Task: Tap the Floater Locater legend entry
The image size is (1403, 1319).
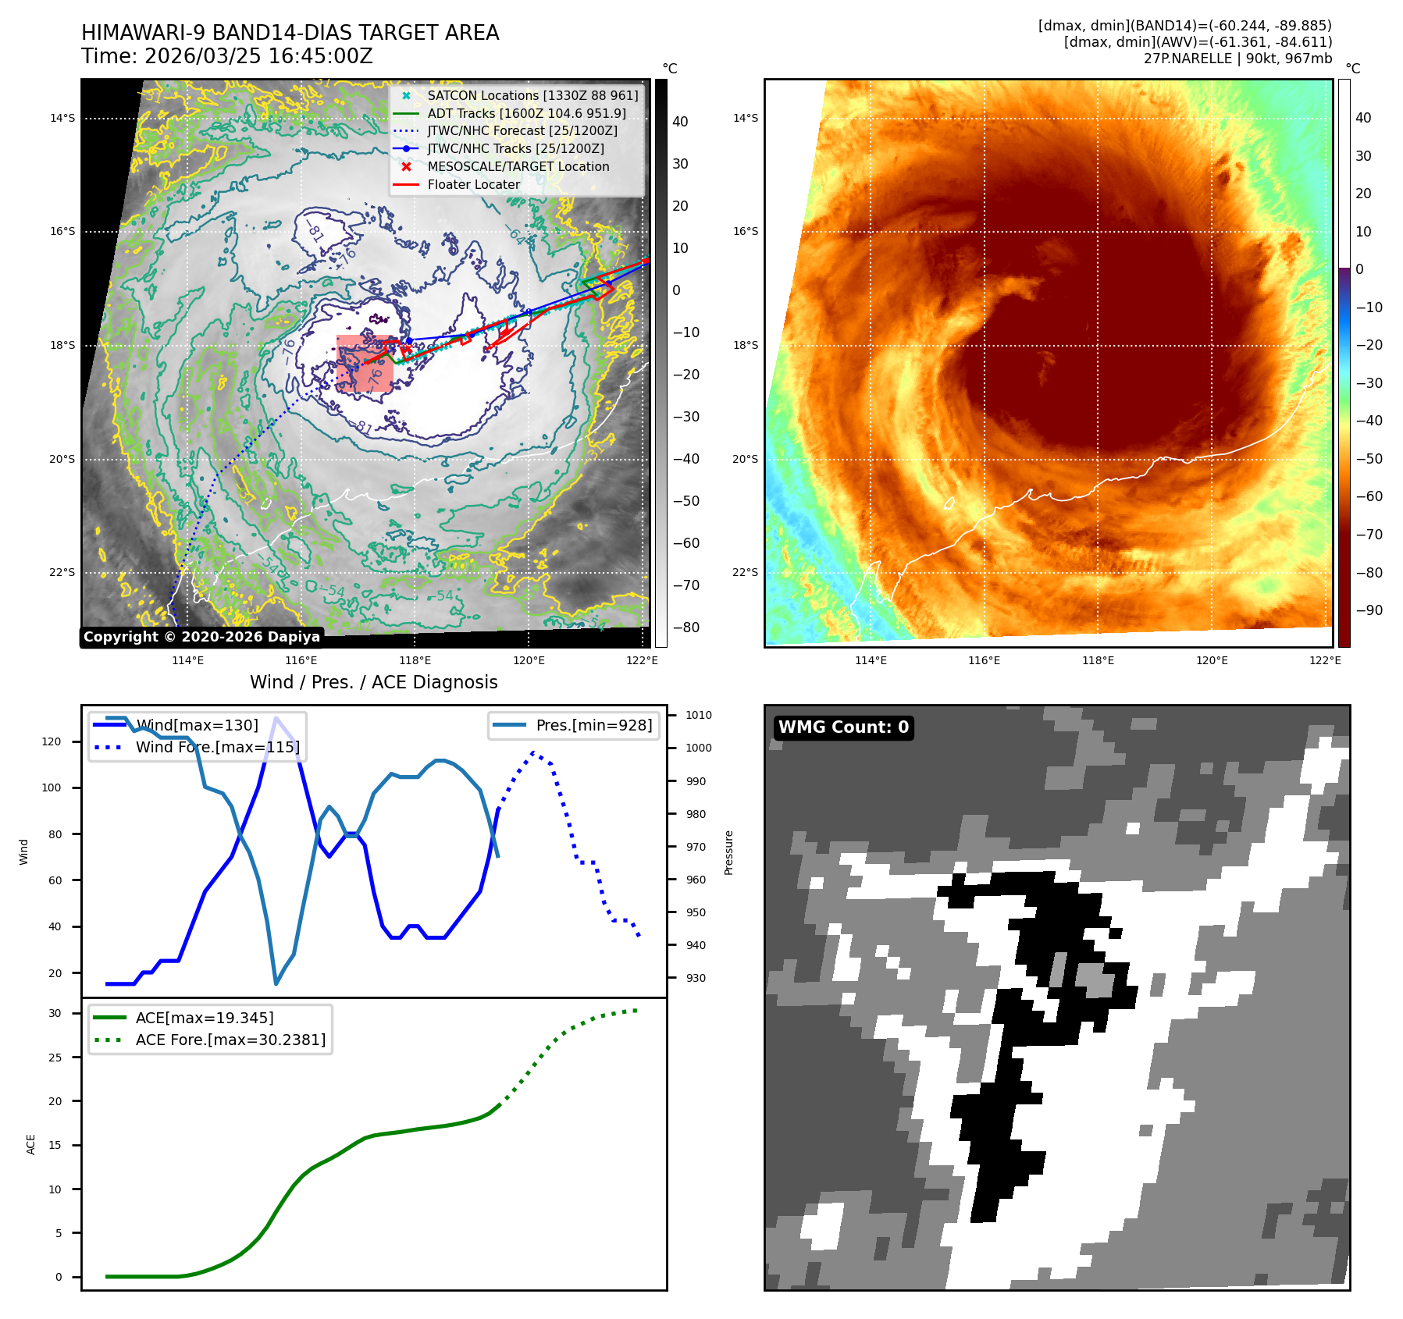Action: click(473, 185)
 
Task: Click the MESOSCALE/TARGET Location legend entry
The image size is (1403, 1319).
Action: click(518, 167)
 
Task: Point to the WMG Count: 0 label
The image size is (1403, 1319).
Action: click(843, 727)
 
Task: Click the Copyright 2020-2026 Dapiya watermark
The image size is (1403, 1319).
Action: click(201, 637)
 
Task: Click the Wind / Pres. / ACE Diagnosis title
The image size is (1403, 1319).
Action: click(373, 683)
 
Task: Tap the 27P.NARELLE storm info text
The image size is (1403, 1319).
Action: click(1237, 59)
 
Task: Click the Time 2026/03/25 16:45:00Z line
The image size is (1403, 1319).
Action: click(226, 57)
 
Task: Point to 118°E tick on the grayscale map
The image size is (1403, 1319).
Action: click(415, 661)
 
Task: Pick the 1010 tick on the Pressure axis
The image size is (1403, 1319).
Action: click(699, 715)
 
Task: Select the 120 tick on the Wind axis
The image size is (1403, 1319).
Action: click(52, 741)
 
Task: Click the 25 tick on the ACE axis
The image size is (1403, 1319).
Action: click(55, 1058)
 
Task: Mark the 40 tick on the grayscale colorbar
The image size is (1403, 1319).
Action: click(680, 122)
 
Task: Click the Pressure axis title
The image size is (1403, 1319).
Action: click(728, 852)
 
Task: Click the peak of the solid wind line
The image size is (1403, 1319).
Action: click(276, 717)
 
